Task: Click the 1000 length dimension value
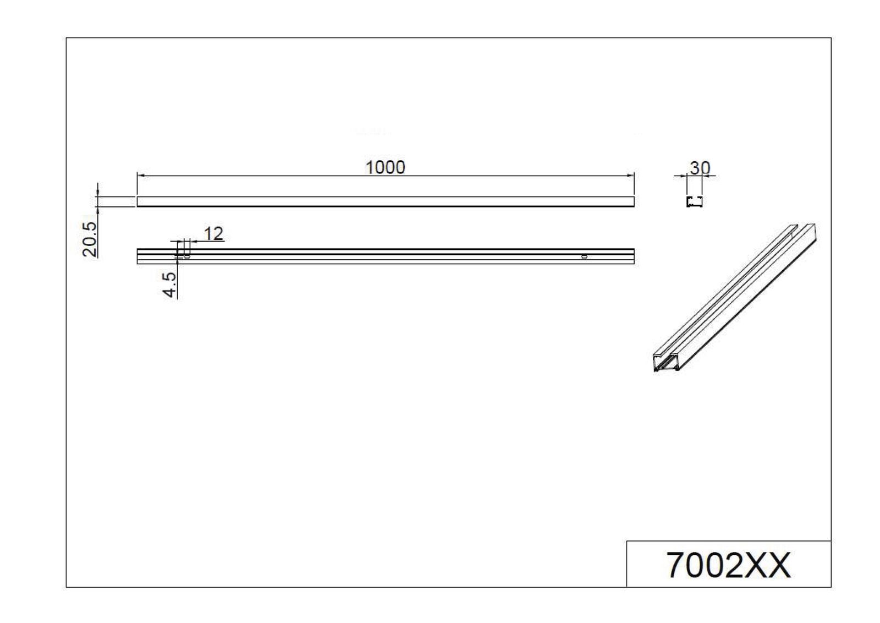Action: coord(385,167)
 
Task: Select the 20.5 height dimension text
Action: coord(90,239)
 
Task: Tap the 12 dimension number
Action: coord(213,234)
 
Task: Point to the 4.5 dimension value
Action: coord(170,285)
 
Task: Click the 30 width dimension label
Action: coord(700,168)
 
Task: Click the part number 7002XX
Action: coord(728,565)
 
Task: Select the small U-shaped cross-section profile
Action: coord(694,201)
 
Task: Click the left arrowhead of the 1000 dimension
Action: coord(141,176)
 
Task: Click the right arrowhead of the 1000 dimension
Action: coord(630,176)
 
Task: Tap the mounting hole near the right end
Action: coord(584,256)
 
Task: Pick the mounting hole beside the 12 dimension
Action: coord(187,256)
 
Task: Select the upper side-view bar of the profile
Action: coord(385,201)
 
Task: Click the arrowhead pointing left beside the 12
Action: coord(193,241)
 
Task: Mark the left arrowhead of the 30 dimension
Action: coord(683,176)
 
